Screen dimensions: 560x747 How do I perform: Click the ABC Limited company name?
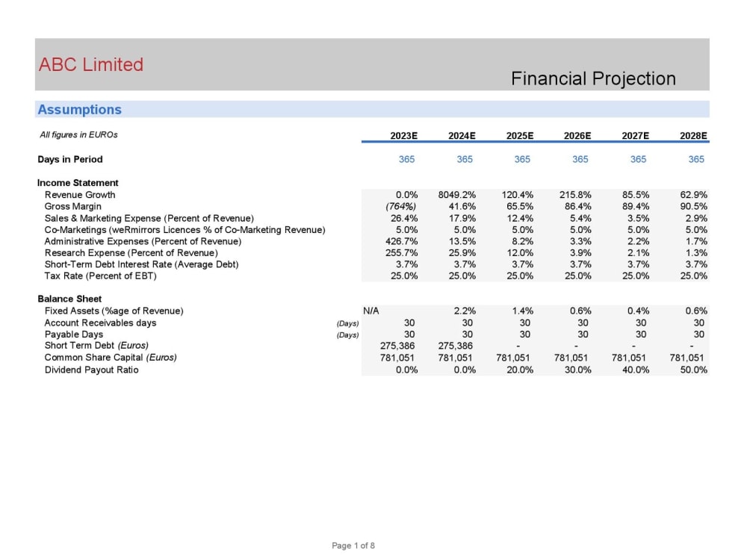pyautogui.click(x=90, y=64)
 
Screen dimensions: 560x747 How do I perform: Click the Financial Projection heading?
pyautogui.click(x=593, y=78)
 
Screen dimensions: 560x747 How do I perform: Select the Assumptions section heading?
pyautogui.click(x=79, y=110)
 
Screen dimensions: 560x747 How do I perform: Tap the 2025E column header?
pyautogui.click(x=519, y=135)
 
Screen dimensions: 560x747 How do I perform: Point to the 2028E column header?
pyautogui.click(x=693, y=135)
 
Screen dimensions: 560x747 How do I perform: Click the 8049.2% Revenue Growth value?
pyautogui.click(x=457, y=195)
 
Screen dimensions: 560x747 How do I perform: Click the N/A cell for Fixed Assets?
pyautogui.click(x=371, y=311)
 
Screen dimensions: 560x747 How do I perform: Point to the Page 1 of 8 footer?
pyautogui.click(x=353, y=546)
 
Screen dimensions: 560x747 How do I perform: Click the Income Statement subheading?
pyautogui.click(x=78, y=183)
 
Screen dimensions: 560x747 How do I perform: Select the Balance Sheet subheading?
pyautogui.click(x=69, y=299)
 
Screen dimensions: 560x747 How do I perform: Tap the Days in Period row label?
pyautogui.click(x=70, y=159)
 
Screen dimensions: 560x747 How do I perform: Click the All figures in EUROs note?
pyautogui.click(x=78, y=135)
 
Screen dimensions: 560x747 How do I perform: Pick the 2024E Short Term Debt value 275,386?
pyautogui.click(x=455, y=346)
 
